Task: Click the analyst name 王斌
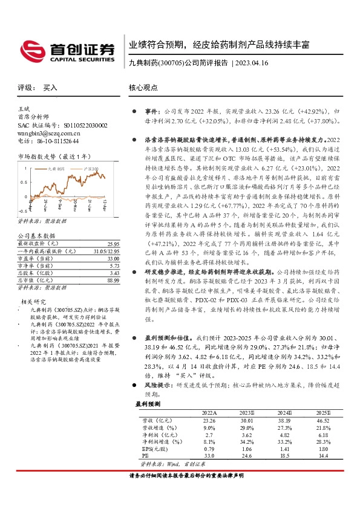25,109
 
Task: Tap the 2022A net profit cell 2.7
209,434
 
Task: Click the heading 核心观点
143,88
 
